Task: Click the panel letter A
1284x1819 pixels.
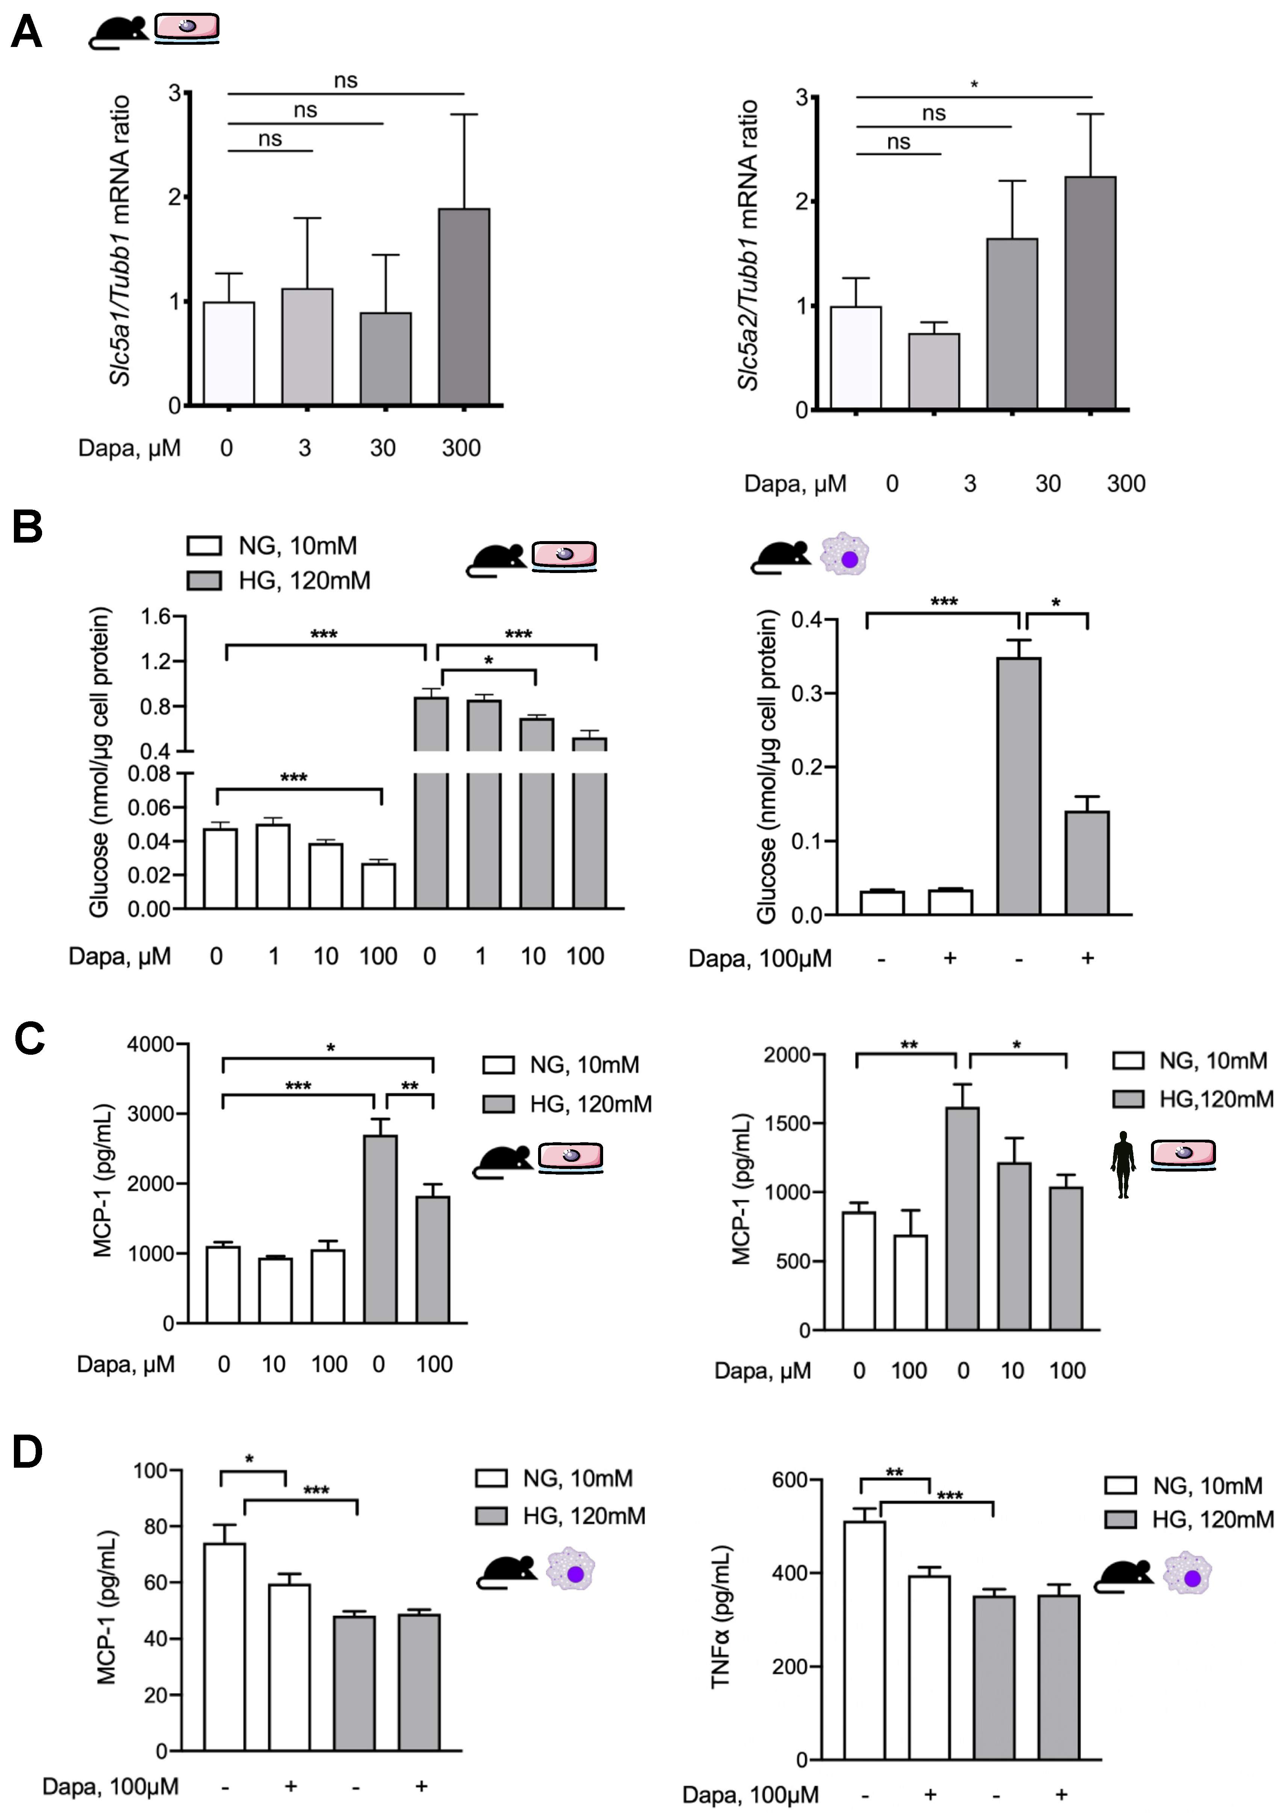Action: [x=26, y=33]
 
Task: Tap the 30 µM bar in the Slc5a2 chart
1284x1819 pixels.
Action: [x=1012, y=323]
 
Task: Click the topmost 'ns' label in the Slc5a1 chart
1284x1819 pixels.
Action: [x=345, y=80]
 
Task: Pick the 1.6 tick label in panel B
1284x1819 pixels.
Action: [x=156, y=616]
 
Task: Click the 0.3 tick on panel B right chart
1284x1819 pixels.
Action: [x=806, y=693]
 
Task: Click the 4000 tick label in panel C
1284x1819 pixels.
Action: [x=151, y=1044]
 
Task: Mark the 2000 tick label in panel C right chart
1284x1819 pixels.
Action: [x=786, y=1054]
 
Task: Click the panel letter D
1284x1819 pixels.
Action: [x=28, y=1452]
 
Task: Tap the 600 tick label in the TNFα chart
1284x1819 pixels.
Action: [x=789, y=1480]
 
